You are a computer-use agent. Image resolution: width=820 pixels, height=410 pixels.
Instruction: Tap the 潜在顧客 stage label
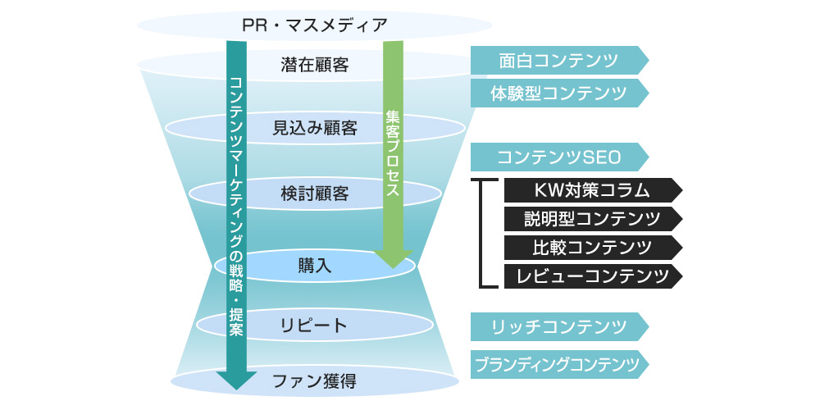(x=315, y=65)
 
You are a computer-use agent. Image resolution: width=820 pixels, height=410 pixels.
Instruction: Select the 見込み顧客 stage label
(x=315, y=128)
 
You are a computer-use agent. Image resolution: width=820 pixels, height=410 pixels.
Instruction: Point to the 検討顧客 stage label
(x=315, y=194)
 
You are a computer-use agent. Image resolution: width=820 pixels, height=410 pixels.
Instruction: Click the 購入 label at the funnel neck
(x=315, y=266)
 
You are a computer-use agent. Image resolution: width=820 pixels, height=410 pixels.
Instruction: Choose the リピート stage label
(x=315, y=326)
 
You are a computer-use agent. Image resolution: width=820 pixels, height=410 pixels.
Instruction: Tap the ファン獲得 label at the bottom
(x=315, y=380)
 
